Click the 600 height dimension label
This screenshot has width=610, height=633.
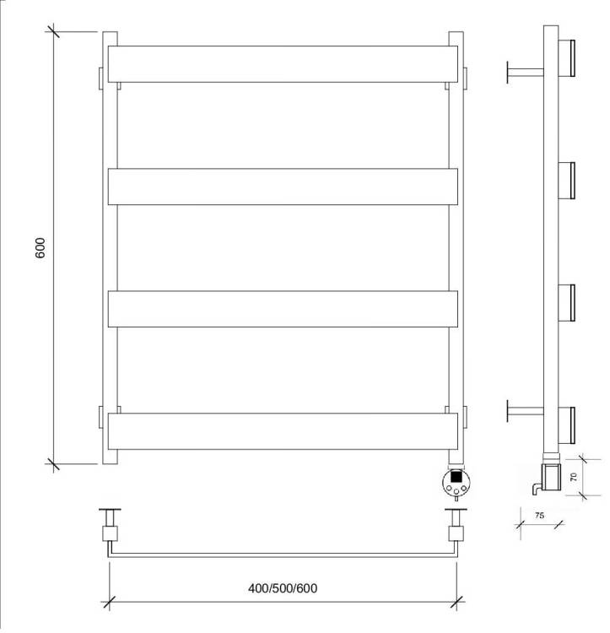[x=40, y=248]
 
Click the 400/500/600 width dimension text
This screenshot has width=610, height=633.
[x=283, y=588]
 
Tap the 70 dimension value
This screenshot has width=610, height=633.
[x=573, y=477]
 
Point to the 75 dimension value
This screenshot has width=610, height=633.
[x=539, y=516]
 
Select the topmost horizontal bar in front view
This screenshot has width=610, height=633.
[x=283, y=64]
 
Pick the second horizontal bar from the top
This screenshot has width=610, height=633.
[x=283, y=187]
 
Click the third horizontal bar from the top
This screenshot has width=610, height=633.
[x=283, y=309]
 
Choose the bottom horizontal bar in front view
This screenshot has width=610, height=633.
[x=283, y=431]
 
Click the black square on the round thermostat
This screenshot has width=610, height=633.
[x=456, y=477]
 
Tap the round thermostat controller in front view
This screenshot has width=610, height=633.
[x=456, y=482]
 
